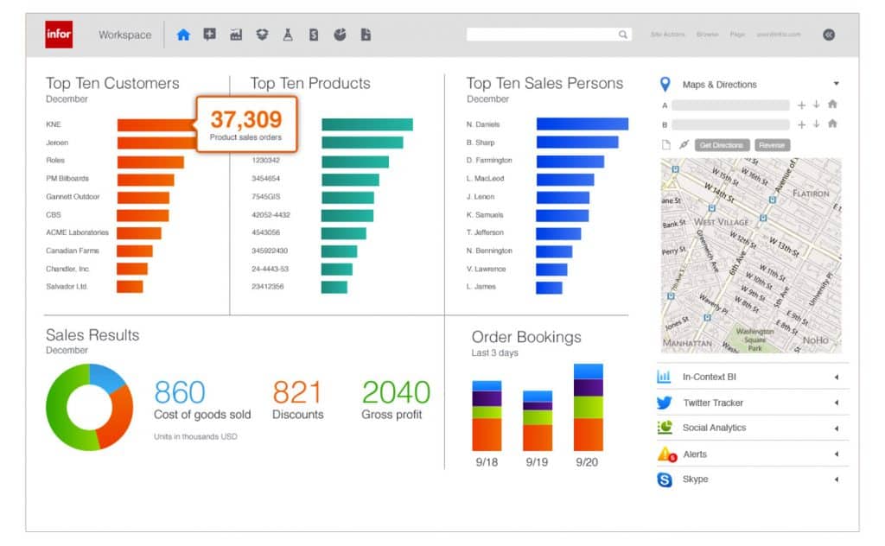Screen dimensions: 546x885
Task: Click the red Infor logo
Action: coord(59,35)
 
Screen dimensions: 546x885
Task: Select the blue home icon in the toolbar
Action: coord(182,35)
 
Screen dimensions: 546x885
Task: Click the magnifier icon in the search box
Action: coord(622,35)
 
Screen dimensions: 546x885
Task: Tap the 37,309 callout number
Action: coord(245,119)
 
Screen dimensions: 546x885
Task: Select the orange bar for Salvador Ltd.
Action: coord(130,287)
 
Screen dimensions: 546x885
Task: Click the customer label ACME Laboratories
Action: coord(77,232)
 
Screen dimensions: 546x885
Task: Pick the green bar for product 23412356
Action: coord(334,287)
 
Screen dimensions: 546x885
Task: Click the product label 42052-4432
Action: coord(271,215)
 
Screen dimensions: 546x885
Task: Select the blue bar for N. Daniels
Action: coord(582,124)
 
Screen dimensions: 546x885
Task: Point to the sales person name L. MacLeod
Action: coord(485,179)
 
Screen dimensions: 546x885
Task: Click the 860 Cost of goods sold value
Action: coord(180,392)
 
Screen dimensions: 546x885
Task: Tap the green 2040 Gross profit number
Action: coord(396,392)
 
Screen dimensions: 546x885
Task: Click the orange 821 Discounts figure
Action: coord(297,392)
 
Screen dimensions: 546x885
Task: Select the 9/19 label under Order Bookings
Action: coord(537,462)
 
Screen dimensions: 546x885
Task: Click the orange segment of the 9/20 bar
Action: coord(589,435)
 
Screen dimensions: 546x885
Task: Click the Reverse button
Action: coord(772,145)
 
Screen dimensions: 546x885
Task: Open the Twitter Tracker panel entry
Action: coord(713,403)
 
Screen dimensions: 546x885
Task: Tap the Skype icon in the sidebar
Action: coord(665,479)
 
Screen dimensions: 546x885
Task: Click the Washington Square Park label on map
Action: coord(755,336)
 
